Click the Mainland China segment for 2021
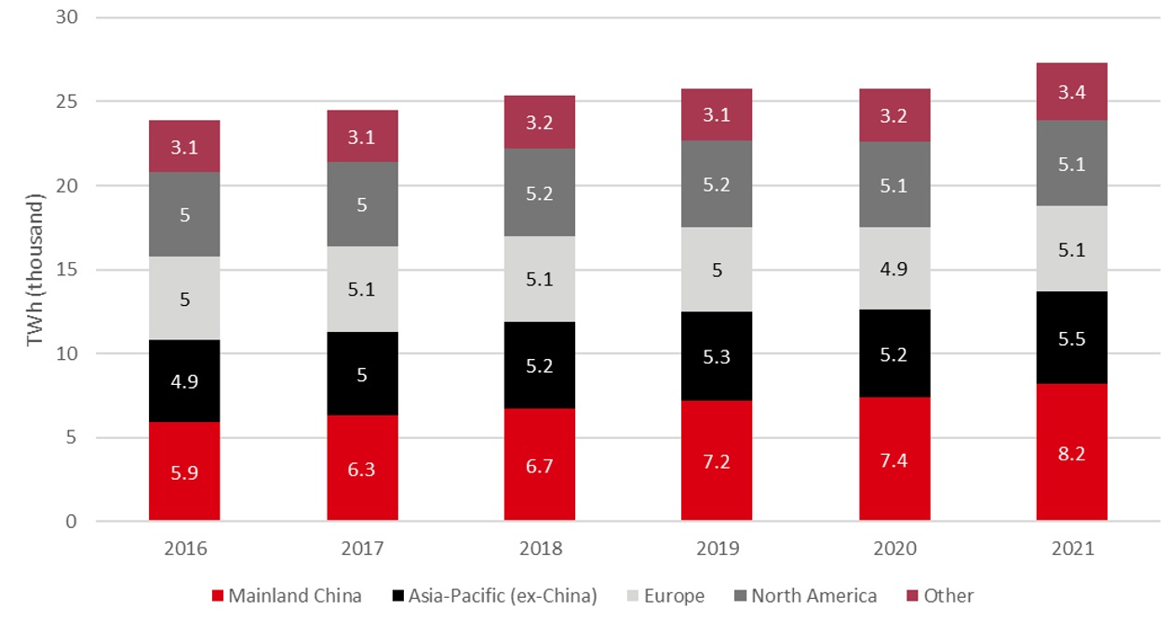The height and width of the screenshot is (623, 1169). coord(1071,451)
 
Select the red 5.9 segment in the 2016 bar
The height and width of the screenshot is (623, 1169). coord(184,471)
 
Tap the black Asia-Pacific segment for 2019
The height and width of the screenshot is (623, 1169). coord(717,356)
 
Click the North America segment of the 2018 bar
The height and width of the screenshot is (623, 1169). coord(539,192)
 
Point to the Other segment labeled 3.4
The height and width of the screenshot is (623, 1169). coord(1071,91)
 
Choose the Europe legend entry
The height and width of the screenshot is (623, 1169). coord(666,596)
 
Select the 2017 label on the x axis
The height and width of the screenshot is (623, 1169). coord(362,549)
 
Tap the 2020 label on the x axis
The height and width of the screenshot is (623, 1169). coord(894,549)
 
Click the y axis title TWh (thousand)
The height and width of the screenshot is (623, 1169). coord(34,270)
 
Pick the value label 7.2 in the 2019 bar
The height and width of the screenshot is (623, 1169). coord(717,463)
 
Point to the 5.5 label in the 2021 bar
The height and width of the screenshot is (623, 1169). coord(1071,340)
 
